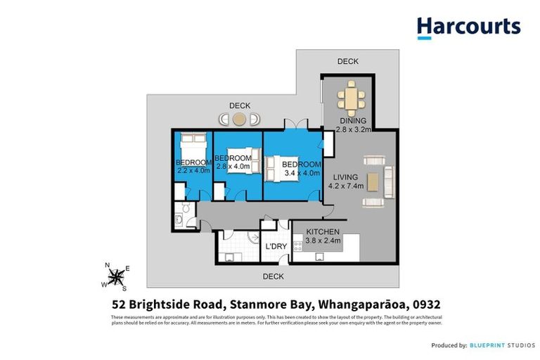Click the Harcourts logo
pos(468,27)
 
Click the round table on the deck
pos(240,120)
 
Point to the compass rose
pos(115,276)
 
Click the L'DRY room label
pos(275,247)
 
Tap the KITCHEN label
pos(323,232)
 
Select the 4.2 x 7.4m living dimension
pos(345,186)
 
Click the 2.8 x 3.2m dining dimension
pos(353,129)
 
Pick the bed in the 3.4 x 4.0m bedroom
pos(281,167)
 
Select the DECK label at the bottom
pos(273,276)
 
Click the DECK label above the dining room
pos(347,61)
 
